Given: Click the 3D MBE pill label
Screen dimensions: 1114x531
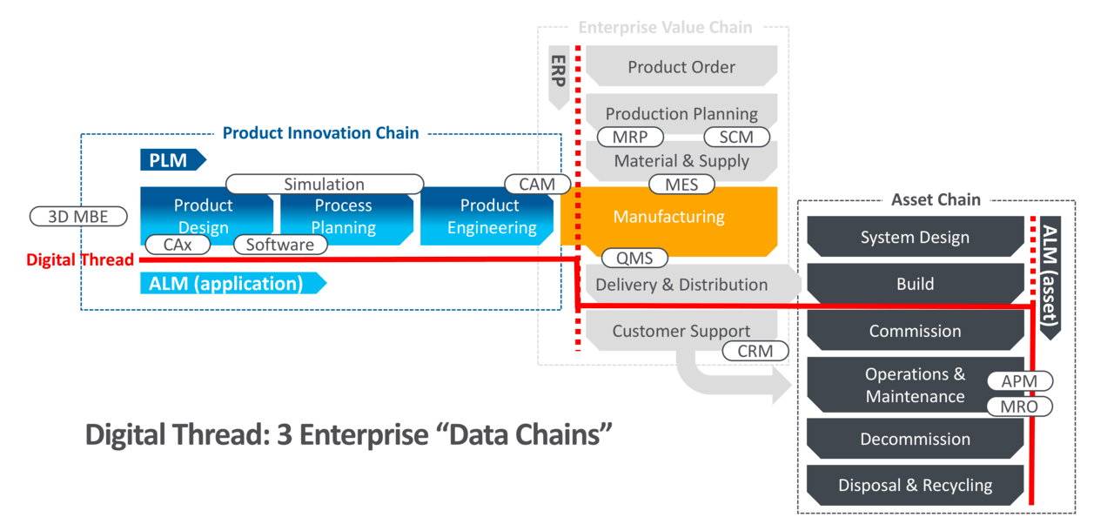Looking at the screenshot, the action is [x=78, y=216].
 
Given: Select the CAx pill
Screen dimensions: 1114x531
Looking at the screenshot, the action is [x=178, y=245].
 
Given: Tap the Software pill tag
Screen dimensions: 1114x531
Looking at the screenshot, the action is [x=280, y=245].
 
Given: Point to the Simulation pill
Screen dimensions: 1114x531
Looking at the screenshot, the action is [x=325, y=184].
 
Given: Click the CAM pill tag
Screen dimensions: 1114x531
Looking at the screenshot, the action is [x=537, y=184].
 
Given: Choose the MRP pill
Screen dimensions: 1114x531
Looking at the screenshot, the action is [x=630, y=137].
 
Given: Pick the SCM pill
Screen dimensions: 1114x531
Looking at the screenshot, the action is [x=736, y=137].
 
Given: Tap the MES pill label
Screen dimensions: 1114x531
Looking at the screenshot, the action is [x=681, y=185].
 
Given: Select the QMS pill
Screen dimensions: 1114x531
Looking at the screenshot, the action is [x=634, y=258].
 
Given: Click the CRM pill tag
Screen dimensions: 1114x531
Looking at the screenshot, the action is [x=755, y=351].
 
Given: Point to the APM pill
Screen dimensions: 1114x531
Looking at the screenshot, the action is [x=1019, y=381].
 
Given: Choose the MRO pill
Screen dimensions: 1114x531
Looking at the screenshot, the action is [x=1019, y=407].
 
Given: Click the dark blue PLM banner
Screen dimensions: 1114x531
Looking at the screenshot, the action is [x=173, y=160].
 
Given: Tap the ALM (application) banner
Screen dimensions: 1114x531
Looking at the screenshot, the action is [x=233, y=284].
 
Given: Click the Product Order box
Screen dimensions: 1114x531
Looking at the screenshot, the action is [x=681, y=66].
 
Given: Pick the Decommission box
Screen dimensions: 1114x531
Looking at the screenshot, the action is [x=915, y=439].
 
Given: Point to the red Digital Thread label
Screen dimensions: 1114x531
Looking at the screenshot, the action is [x=80, y=259].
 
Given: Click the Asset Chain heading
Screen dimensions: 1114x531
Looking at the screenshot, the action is [x=936, y=199].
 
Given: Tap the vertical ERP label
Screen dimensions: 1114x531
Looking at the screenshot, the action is [x=559, y=71].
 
